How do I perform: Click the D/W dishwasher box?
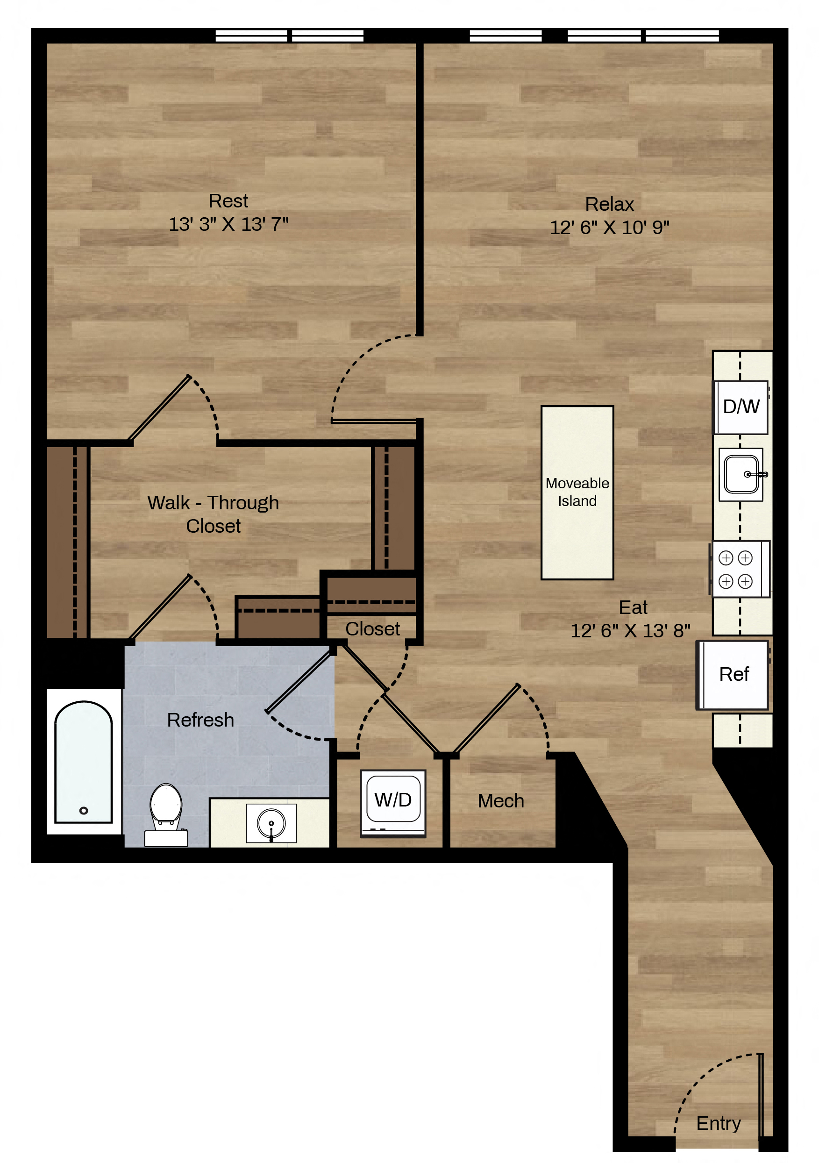pos(741,407)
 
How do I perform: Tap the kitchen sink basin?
pos(741,475)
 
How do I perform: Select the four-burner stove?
pos(740,569)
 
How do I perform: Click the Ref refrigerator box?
pos(733,675)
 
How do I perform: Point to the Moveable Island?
pos(577,492)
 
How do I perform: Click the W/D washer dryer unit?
pos(393,803)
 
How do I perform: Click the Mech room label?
pos(500,801)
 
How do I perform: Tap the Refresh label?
pos(200,720)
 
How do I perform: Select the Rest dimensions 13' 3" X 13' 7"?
pos(228,224)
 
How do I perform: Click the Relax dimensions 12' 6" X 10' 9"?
pos(609,228)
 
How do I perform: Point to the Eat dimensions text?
pos(630,631)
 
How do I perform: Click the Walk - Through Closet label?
pos(213,514)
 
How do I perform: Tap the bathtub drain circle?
pos(84,810)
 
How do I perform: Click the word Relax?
pos(609,204)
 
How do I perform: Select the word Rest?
pos(228,201)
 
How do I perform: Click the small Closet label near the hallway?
pos(372,628)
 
